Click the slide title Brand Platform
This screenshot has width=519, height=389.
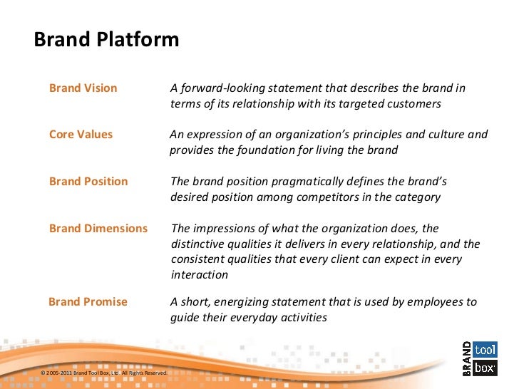click(x=107, y=39)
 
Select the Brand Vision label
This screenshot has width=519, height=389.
click(x=83, y=88)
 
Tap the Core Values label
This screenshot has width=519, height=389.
click(x=81, y=135)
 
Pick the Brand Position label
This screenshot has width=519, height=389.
click(x=88, y=182)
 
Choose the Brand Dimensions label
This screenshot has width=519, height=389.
click(x=98, y=229)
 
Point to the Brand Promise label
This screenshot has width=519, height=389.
click(x=88, y=302)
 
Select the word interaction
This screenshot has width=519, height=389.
click(x=200, y=276)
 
